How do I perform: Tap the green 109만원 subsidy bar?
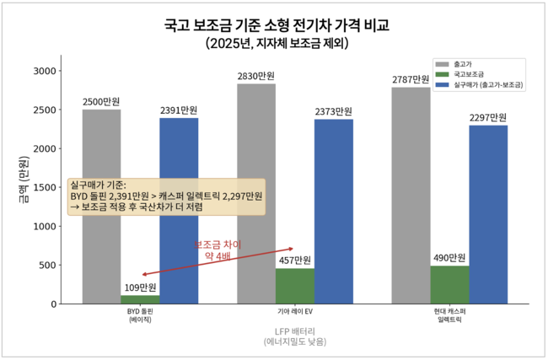(140, 299)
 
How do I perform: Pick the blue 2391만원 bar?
(179, 211)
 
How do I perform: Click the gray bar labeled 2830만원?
(256, 194)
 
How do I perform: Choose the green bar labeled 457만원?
(295, 287)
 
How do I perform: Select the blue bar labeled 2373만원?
(334, 212)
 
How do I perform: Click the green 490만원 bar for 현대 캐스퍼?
(450, 285)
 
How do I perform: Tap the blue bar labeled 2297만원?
(489, 215)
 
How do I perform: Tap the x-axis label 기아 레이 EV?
(295, 312)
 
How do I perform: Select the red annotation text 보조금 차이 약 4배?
(218, 250)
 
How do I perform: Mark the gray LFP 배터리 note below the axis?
(295, 336)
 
